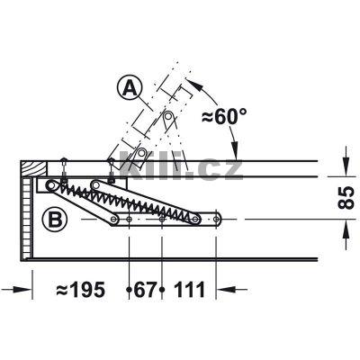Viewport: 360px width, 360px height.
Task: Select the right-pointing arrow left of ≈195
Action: tap(26, 289)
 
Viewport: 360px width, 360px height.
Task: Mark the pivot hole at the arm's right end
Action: tap(220, 217)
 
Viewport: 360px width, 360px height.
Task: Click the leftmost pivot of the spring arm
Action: tap(49, 185)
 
